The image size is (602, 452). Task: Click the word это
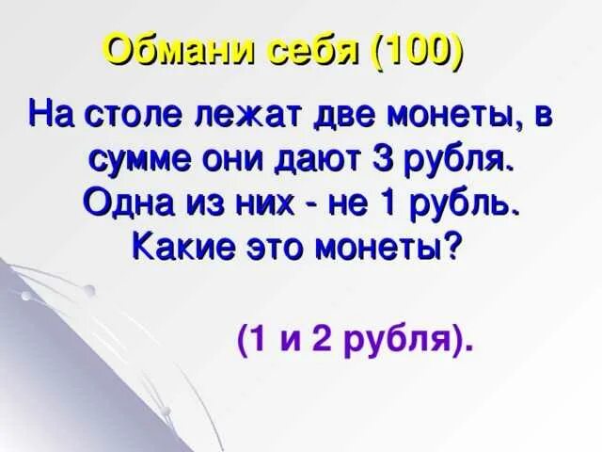[279, 248]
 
